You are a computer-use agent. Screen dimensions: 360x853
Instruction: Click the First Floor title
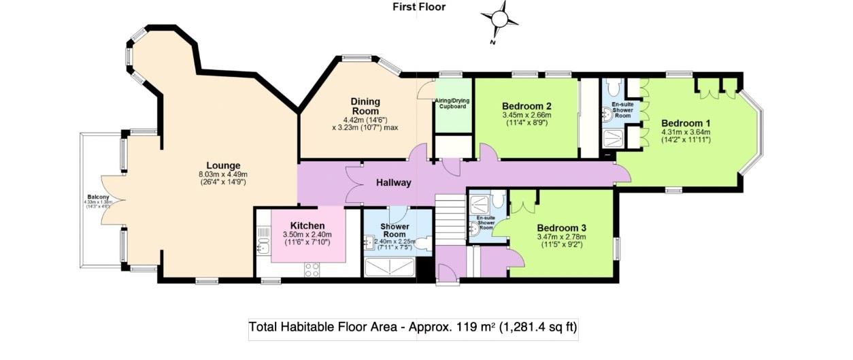pos(419,7)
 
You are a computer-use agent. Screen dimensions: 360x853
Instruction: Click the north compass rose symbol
pos(500,19)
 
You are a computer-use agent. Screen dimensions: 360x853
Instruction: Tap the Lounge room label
pos(224,165)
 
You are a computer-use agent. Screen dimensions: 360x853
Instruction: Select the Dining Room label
pos(366,106)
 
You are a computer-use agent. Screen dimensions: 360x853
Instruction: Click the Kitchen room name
pos(307,226)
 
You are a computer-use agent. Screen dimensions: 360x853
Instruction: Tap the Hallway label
pos(393,182)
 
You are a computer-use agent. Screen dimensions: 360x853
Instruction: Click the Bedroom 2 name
pos(526,106)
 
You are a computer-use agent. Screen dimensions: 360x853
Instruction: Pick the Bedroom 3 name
pos(561,228)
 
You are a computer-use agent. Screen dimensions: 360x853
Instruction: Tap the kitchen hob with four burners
pos(312,269)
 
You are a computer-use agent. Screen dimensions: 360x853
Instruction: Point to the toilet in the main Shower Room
pos(423,243)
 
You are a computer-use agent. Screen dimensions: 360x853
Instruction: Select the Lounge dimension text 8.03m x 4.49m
pos(224,174)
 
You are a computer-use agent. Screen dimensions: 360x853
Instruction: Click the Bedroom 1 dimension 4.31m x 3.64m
pos(686,132)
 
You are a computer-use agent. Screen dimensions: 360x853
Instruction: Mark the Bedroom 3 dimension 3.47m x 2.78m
pos(561,237)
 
